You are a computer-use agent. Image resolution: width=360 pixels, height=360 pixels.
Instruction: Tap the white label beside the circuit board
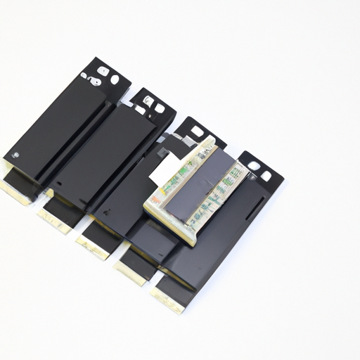click(165, 168)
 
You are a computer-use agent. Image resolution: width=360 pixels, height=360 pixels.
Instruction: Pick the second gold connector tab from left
click(56, 221)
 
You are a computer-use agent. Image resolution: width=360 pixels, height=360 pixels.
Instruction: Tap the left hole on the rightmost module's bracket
click(254, 166)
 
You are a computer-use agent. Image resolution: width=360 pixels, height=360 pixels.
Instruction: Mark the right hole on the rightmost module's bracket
click(266, 175)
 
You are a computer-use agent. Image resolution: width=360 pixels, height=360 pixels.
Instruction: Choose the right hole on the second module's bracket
click(160, 108)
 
